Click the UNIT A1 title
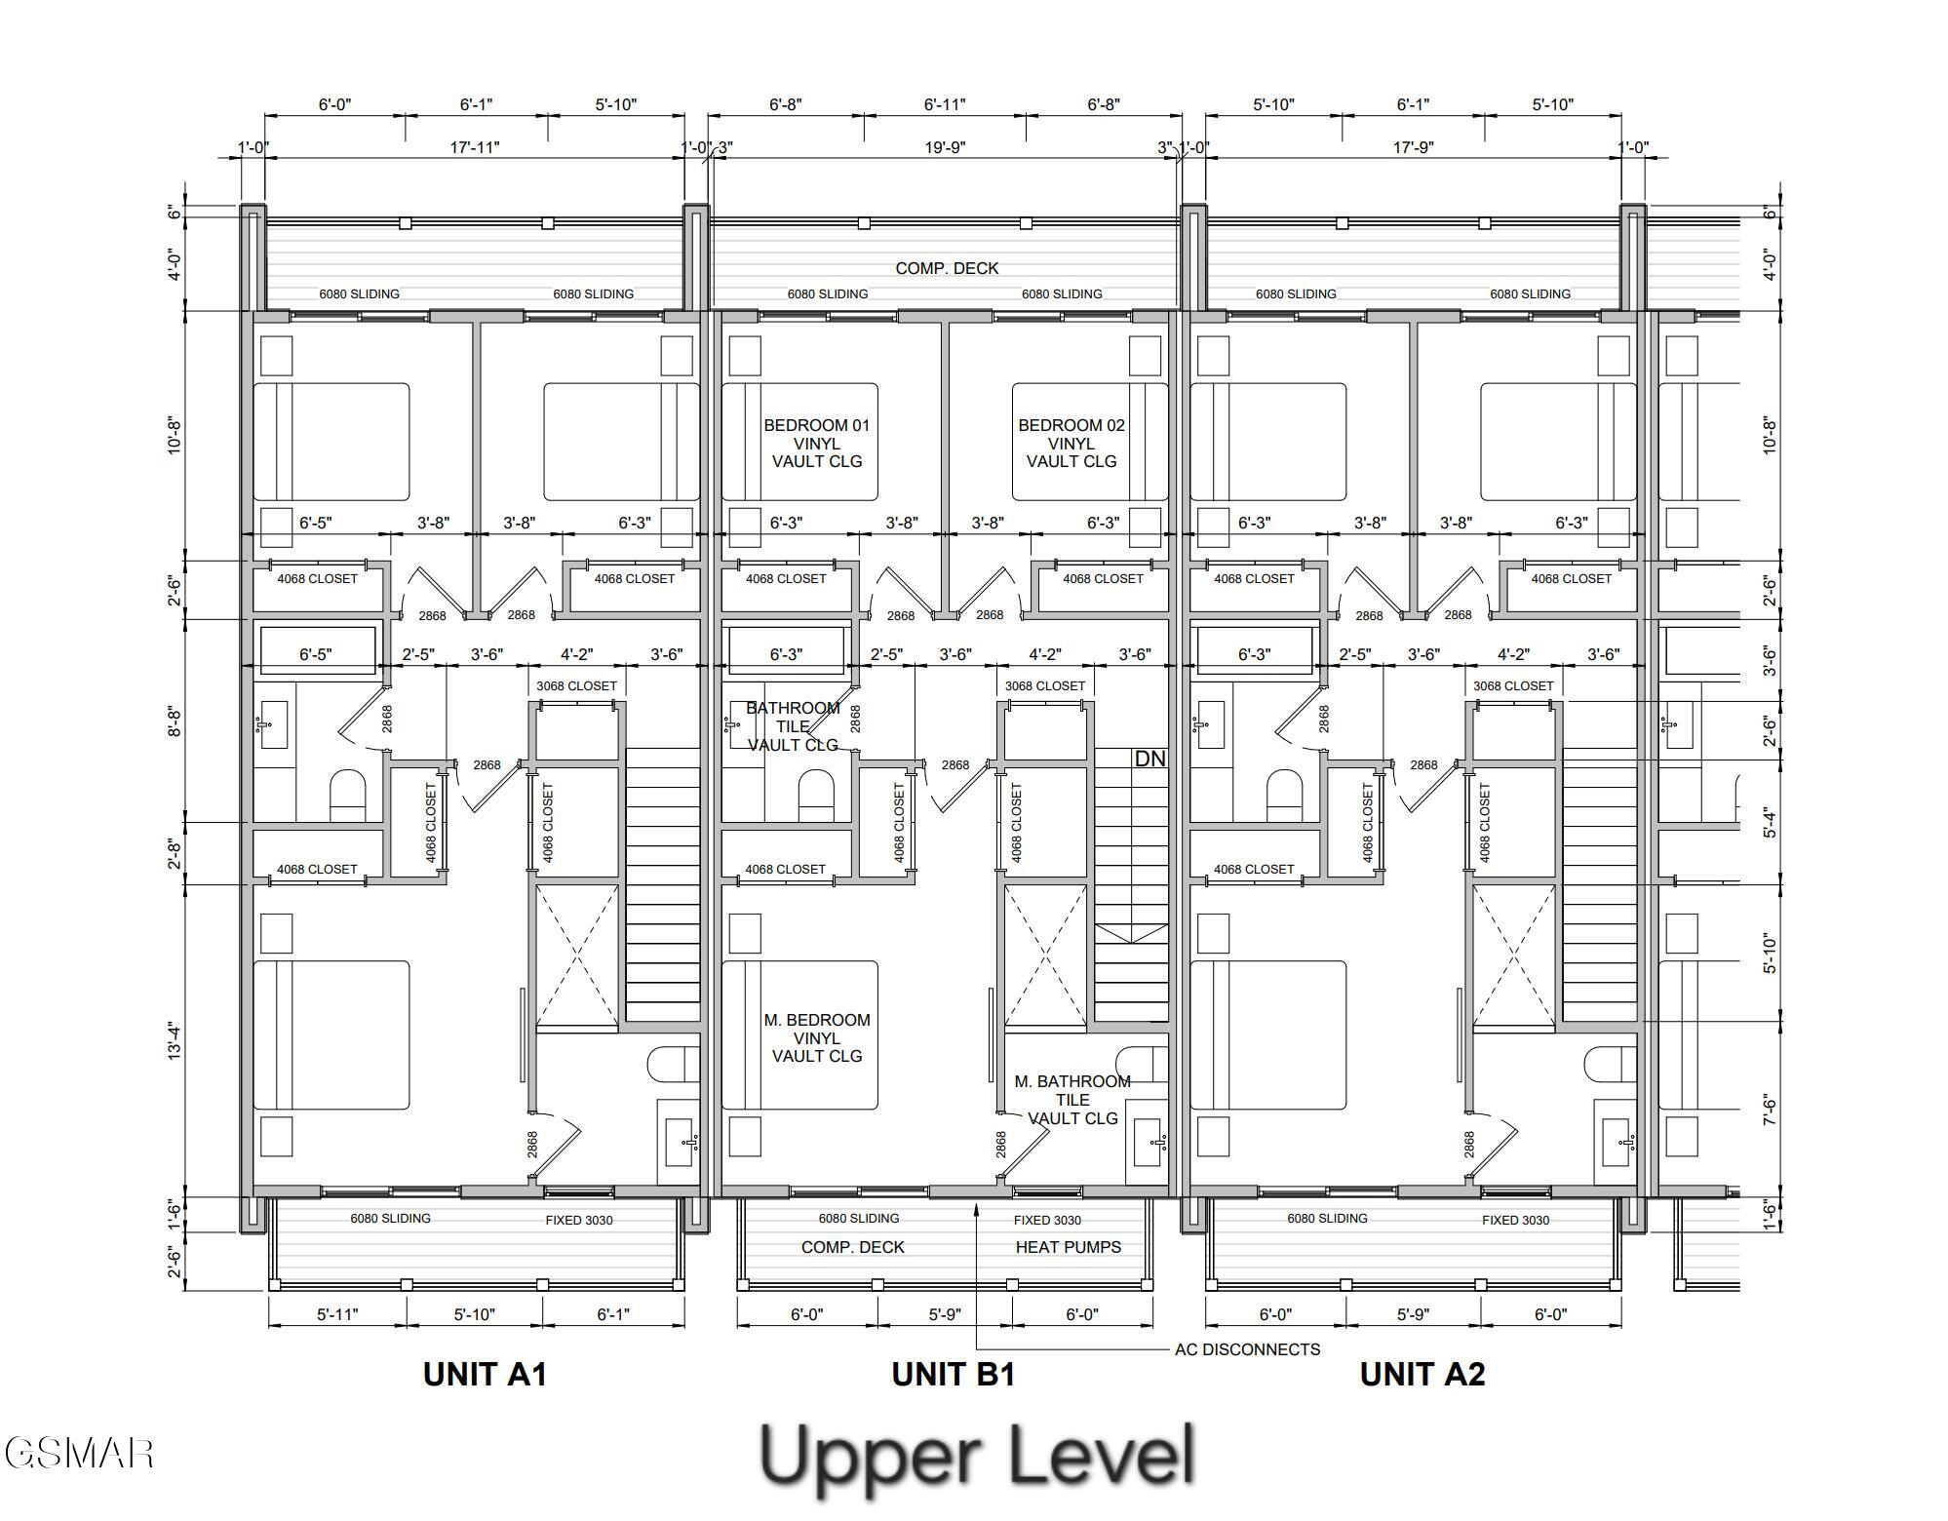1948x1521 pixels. (x=485, y=1374)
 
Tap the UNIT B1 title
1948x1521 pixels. (x=954, y=1374)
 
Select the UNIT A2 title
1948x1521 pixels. (x=1422, y=1374)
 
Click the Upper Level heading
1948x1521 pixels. (x=977, y=1456)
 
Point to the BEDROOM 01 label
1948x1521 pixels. (x=817, y=425)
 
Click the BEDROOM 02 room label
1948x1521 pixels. (x=1071, y=425)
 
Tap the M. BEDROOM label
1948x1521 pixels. (x=817, y=1020)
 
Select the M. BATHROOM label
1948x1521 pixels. (x=1072, y=1081)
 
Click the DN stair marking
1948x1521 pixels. (x=1150, y=759)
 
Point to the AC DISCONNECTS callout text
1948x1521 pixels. (x=1248, y=1349)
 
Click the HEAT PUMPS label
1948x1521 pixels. (x=1069, y=1247)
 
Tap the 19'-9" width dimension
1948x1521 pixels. (x=945, y=147)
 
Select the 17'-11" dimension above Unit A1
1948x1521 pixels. (x=475, y=147)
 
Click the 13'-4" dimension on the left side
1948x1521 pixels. (x=175, y=1041)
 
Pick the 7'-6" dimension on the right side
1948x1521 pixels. (x=1770, y=1110)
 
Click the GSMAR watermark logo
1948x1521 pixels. (x=78, y=1453)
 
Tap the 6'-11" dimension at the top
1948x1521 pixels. (x=945, y=104)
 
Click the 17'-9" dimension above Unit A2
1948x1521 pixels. (x=1413, y=147)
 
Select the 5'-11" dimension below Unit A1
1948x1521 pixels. (x=337, y=1314)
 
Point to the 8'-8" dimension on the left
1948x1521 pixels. (x=175, y=722)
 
